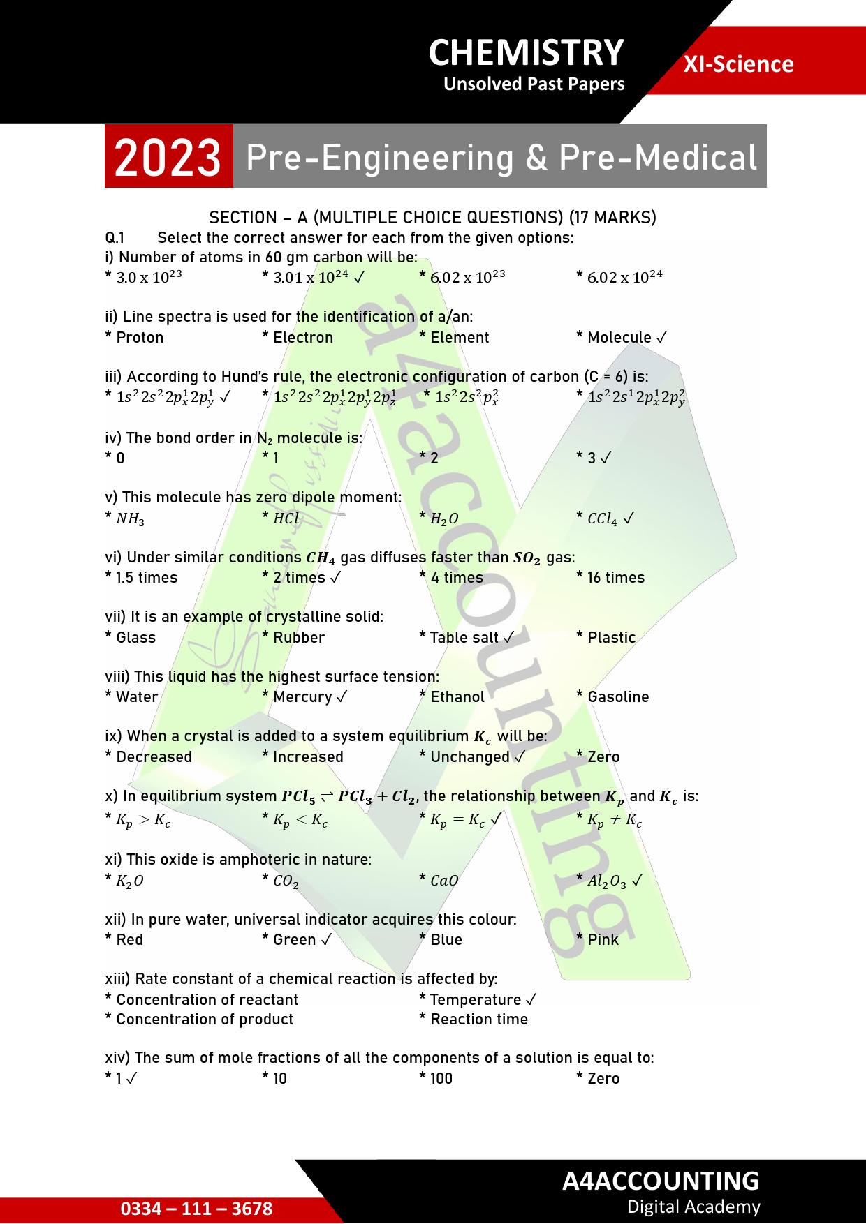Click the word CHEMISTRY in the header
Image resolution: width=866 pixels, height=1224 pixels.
525,53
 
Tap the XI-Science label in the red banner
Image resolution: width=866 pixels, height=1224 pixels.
738,64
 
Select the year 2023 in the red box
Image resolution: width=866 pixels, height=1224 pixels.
168,158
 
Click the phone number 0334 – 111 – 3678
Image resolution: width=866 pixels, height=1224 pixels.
196,1209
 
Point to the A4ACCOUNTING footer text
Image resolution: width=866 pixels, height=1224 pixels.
660,1180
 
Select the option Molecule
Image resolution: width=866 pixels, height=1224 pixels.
619,338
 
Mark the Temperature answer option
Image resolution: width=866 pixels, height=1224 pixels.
476,999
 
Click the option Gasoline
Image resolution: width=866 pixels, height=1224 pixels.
617,696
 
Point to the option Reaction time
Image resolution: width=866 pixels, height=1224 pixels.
478,1019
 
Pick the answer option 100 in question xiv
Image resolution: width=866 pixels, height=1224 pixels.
441,1078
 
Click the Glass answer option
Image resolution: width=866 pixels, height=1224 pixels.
135,637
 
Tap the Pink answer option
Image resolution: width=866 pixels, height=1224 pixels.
603,939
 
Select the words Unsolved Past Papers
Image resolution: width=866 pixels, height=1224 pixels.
534,84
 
